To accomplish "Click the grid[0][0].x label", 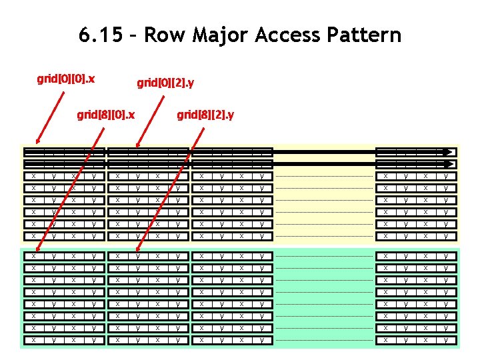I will click(65, 79).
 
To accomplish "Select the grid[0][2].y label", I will click(165, 83).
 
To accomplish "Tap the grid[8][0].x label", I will click(106, 115).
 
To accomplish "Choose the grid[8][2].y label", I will click(205, 115).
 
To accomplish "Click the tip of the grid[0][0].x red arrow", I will click(37, 144).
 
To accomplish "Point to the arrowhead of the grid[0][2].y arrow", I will click(137, 146).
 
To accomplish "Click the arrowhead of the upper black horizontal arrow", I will click(453, 152).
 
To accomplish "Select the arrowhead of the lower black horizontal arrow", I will click(453, 163).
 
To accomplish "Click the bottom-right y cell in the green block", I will click(445, 340).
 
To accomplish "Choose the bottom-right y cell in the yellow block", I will click(445, 236).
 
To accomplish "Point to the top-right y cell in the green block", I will click(445, 256).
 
